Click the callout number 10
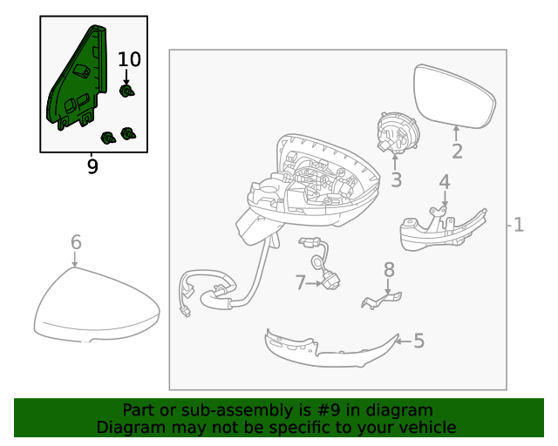[x=129, y=59]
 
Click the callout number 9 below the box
[x=92, y=166]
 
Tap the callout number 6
[x=76, y=242]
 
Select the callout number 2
[x=457, y=152]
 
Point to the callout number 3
[x=396, y=179]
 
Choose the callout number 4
[x=445, y=182]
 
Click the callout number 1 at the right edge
[x=519, y=225]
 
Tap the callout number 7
[x=300, y=283]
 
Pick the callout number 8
[x=389, y=269]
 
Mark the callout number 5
[x=418, y=341]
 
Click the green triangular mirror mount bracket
[x=77, y=78]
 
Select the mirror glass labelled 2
[x=454, y=96]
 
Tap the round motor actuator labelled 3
[x=398, y=132]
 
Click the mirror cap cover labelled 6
[x=97, y=305]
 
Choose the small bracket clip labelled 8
[x=381, y=300]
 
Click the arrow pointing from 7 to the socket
[x=314, y=283]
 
